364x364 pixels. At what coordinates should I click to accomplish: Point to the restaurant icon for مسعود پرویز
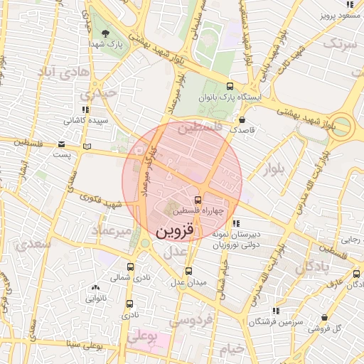click(x=348, y=4)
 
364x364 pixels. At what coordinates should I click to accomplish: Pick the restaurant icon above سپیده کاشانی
click(x=85, y=109)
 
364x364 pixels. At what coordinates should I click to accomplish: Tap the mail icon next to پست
click(x=87, y=146)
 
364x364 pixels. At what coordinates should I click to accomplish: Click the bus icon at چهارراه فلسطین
click(x=198, y=200)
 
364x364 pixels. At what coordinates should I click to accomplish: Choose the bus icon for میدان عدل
click(x=188, y=271)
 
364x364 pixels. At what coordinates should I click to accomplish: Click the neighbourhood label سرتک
click(x=339, y=44)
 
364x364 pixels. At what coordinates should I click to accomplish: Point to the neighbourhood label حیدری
click(x=97, y=93)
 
